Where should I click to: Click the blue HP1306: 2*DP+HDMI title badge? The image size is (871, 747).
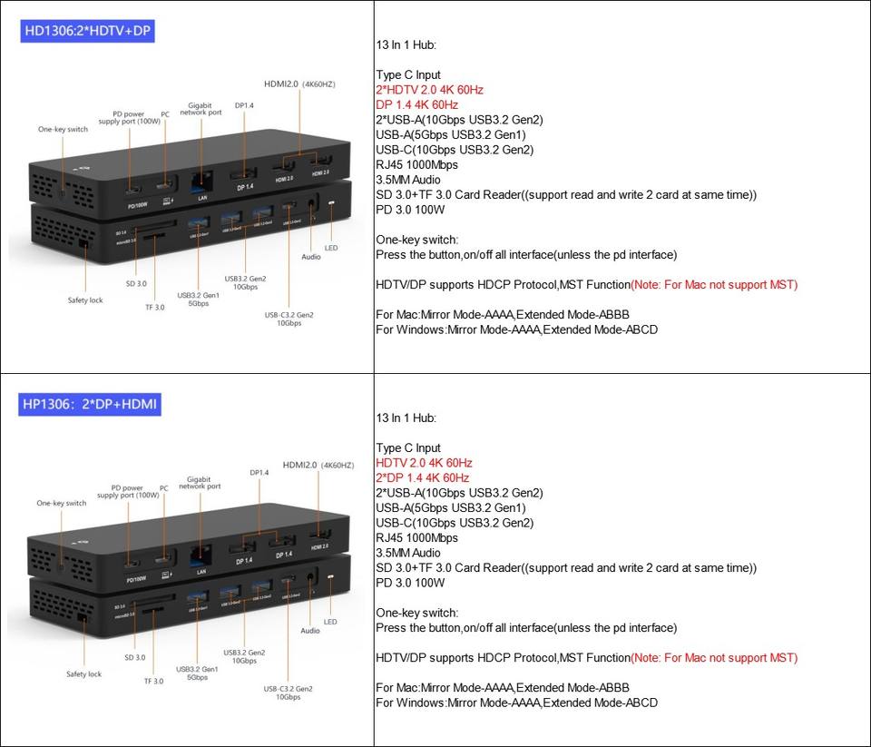[91, 404]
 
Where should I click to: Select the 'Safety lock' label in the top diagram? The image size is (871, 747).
[85, 300]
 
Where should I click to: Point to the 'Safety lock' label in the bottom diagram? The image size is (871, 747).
[83, 674]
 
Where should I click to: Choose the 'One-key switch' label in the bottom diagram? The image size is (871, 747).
[62, 503]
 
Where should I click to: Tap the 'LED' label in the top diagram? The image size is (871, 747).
[331, 248]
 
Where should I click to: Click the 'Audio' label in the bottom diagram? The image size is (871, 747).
[310, 630]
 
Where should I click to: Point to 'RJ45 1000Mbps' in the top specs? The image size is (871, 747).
[416, 165]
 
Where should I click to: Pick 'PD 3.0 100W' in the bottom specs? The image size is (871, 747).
[410, 583]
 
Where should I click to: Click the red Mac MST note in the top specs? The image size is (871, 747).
[714, 285]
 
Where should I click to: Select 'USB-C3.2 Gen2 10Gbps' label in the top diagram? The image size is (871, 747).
[289, 319]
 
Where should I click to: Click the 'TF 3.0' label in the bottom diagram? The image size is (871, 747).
[154, 681]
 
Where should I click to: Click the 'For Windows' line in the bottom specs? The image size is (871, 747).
[516, 703]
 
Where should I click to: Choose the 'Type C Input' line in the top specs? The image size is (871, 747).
[408, 75]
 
